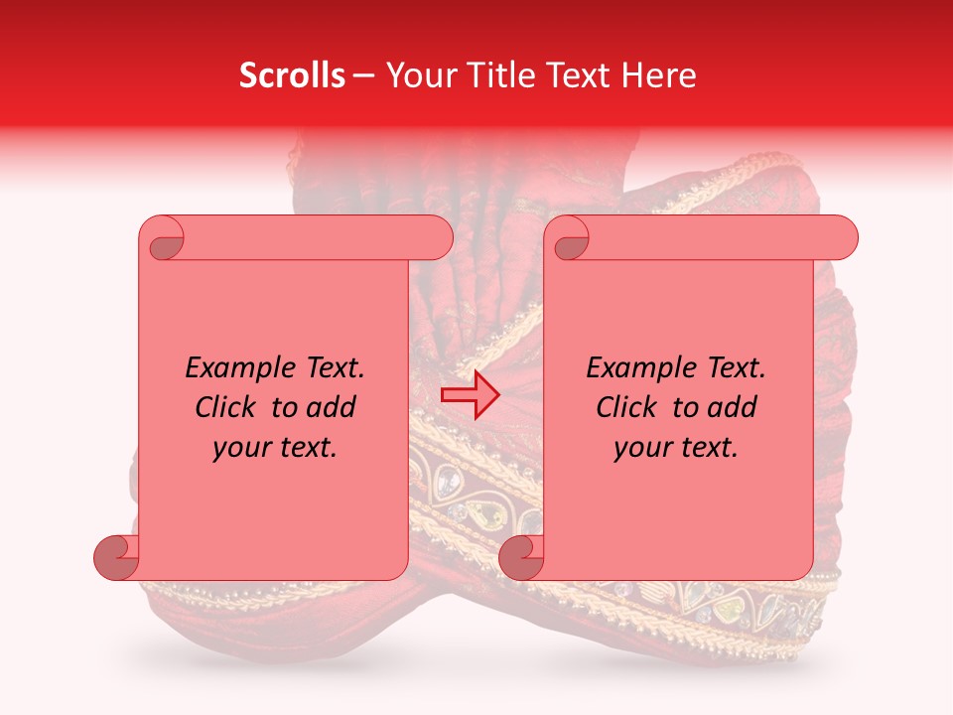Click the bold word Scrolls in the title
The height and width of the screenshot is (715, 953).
(292, 75)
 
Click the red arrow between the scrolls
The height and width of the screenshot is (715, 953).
(471, 395)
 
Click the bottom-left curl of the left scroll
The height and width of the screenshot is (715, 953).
(117, 557)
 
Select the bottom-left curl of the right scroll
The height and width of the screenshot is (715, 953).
(521, 557)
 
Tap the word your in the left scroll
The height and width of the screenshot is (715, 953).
(241, 448)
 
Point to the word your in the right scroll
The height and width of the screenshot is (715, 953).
(642, 448)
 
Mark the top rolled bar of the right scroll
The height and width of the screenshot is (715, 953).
(715, 238)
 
